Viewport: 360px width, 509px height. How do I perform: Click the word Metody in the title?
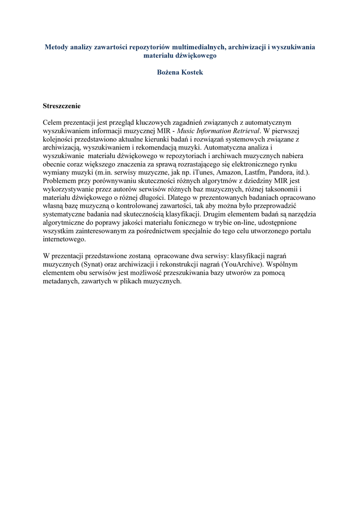coord(57,47)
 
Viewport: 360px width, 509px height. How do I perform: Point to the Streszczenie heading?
coord(62,106)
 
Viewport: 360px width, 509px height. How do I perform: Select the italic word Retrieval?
coord(244,130)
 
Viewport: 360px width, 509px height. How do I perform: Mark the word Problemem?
coord(60,180)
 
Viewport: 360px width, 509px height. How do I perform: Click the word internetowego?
coord(65,239)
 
